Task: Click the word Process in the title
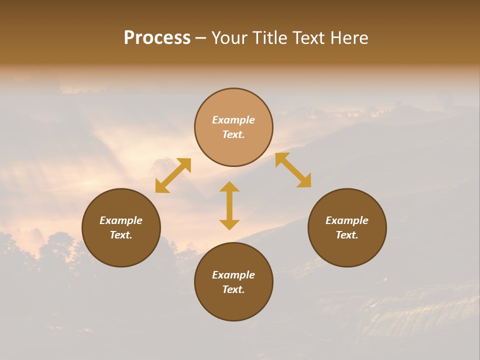tap(157, 38)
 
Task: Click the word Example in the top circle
tap(233, 120)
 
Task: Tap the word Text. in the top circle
tap(233, 134)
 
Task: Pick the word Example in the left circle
tap(121, 220)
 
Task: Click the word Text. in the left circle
tap(121, 235)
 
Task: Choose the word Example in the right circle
tap(347, 220)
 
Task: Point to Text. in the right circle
tap(347, 235)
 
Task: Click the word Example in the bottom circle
tap(233, 275)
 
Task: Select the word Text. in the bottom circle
tap(233, 289)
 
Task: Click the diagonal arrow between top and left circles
tap(173, 175)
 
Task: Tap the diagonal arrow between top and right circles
tap(293, 170)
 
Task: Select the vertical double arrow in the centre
tap(229, 205)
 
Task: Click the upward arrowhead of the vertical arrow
tap(229, 186)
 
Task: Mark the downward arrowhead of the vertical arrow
tap(229, 224)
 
